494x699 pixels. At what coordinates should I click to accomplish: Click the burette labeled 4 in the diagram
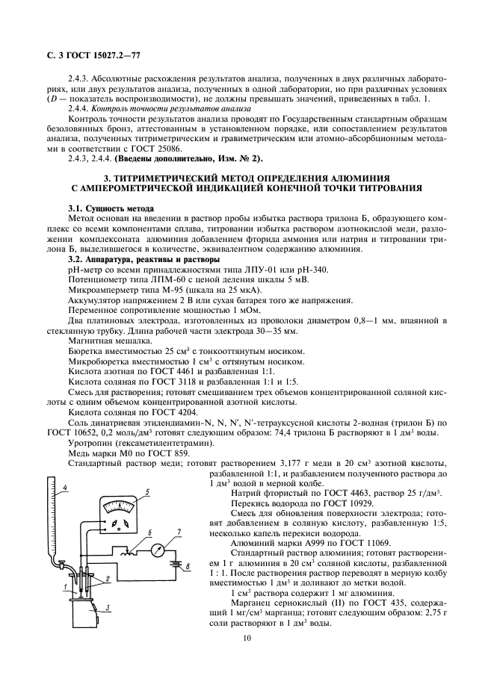pos(51,523)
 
